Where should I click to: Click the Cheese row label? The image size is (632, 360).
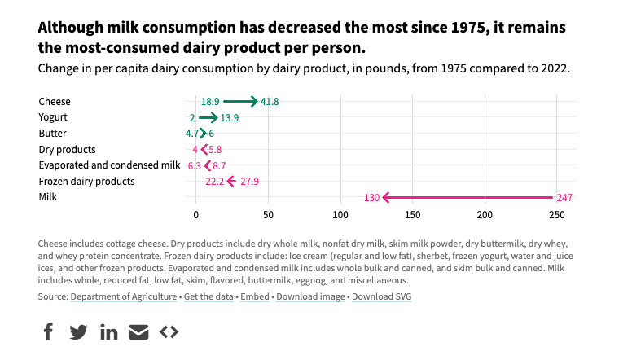pyautogui.click(x=55, y=102)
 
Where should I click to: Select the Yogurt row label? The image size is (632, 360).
pyautogui.click(x=53, y=117)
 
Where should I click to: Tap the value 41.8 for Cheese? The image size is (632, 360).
pyautogui.click(x=270, y=102)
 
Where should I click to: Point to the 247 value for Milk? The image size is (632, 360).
pyautogui.click(x=564, y=198)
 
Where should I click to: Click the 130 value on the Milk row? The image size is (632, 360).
pyautogui.click(x=371, y=198)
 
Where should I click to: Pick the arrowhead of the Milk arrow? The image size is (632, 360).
pyautogui.click(x=385, y=197)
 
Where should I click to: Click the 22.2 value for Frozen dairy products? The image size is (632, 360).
pyautogui.click(x=214, y=182)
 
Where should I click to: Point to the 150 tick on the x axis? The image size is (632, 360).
pyautogui.click(x=412, y=215)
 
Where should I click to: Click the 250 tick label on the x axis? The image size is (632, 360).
pyautogui.click(x=557, y=215)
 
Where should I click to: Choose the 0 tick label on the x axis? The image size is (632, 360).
pyautogui.click(x=195, y=215)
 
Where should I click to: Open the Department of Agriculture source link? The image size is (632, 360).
pyautogui.click(x=124, y=296)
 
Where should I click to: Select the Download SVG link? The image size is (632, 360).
pyautogui.click(x=381, y=296)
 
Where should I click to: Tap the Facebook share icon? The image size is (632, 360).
pyautogui.click(x=48, y=331)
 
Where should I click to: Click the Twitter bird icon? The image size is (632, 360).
pyautogui.click(x=78, y=331)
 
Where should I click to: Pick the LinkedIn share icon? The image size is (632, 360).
pyautogui.click(x=109, y=331)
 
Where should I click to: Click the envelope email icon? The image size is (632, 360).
pyautogui.click(x=139, y=331)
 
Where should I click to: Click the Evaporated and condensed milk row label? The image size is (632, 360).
pyautogui.click(x=109, y=165)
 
